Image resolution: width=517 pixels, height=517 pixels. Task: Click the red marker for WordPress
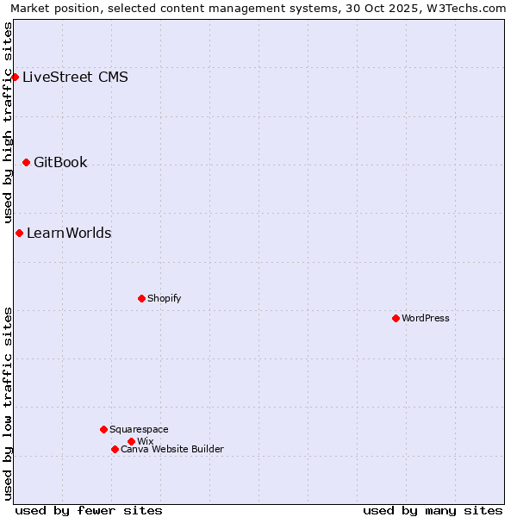point(396,318)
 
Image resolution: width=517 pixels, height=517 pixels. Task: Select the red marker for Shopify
point(141,298)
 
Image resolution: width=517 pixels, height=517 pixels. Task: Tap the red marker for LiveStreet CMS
point(15,77)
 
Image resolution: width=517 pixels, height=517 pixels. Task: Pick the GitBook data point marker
point(26,162)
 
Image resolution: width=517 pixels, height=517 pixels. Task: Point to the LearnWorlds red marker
point(19,233)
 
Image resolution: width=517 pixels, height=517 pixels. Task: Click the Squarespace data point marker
point(103,429)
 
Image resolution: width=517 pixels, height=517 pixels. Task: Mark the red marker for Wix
point(131,441)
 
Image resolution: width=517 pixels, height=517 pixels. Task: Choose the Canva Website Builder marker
point(115,449)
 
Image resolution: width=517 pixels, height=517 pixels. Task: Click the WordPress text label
point(426,318)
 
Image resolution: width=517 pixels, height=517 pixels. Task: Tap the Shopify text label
point(164,298)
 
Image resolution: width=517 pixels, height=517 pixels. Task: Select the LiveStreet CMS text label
point(75,77)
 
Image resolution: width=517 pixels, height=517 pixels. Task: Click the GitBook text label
point(60,162)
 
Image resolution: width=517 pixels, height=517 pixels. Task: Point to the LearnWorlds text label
point(69,233)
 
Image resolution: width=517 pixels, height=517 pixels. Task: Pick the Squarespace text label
point(139,429)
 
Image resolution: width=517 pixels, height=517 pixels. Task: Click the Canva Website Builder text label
point(172,449)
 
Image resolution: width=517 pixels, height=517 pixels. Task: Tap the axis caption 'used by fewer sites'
point(89,510)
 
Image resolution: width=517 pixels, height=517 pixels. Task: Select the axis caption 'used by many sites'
point(433,510)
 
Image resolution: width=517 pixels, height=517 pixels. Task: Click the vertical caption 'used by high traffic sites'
point(8,122)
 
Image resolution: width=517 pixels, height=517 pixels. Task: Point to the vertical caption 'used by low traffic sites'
point(8,403)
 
